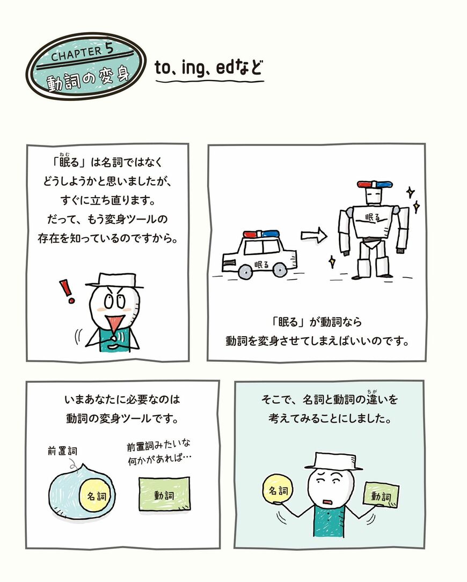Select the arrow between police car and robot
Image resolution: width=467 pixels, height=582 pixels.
click(x=313, y=235)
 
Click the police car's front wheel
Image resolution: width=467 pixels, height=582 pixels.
click(x=280, y=270)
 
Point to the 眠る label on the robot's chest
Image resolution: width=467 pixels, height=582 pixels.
click(x=372, y=217)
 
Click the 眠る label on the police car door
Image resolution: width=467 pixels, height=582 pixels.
click(x=262, y=264)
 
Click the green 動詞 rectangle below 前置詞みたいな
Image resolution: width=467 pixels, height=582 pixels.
click(x=164, y=494)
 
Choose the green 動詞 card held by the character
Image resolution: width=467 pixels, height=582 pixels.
click(x=381, y=495)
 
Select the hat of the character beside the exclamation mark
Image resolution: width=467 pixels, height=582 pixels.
click(x=114, y=280)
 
